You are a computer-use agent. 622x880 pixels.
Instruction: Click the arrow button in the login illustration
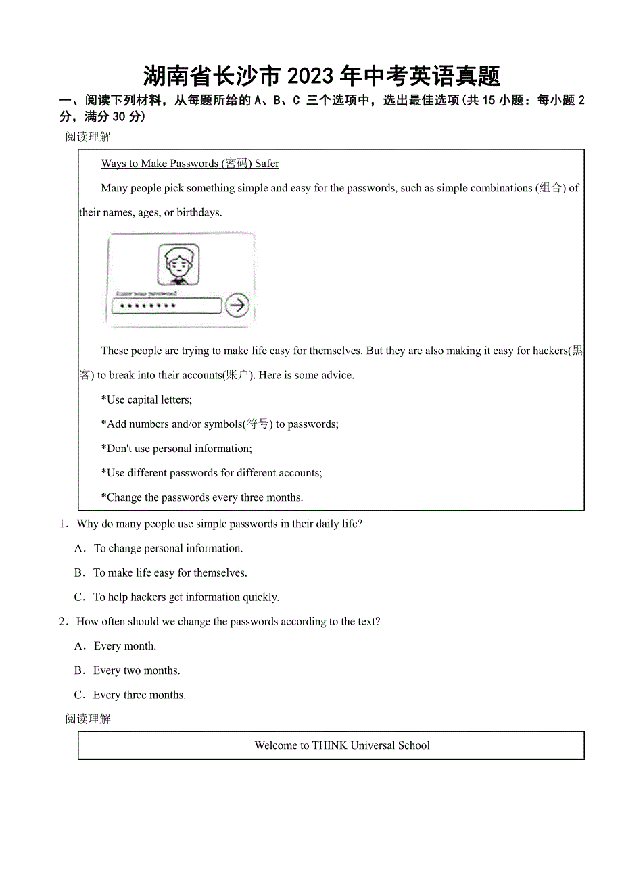pyautogui.click(x=237, y=305)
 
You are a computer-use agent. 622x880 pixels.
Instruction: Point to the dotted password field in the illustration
pyautogui.click(x=167, y=306)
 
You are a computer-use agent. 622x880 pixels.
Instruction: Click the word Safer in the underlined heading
pyautogui.click(x=267, y=164)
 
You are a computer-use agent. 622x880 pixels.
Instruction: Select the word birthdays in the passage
pyautogui.click(x=199, y=212)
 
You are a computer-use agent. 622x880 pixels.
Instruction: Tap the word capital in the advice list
pyautogui.click(x=143, y=399)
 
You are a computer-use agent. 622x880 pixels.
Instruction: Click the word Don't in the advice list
pyautogui.click(x=119, y=449)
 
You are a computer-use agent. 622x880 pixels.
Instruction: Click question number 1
pyautogui.click(x=64, y=524)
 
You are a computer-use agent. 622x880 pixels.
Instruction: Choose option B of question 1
pyautogui.click(x=80, y=573)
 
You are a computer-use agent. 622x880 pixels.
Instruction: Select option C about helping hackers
pyautogui.click(x=186, y=597)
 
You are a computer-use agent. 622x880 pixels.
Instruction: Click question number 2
pyautogui.click(x=64, y=622)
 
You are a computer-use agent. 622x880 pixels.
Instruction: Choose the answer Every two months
pyautogui.click(x=137, y=670)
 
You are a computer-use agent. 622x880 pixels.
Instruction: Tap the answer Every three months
pyautogui.click(x=139, y=695)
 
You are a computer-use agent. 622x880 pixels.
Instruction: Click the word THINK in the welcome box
pyautogui.click(x=330, y=745)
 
